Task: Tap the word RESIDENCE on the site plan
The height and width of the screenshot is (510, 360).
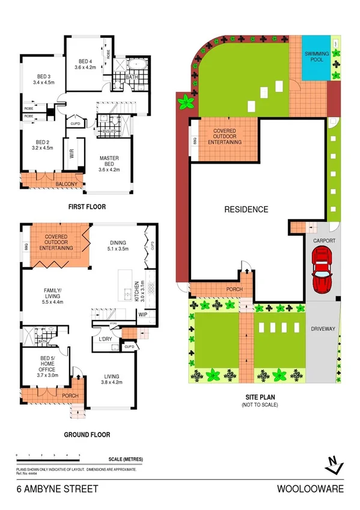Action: [x=246, y=209]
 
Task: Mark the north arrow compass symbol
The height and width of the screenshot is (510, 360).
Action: [x=334, y=463]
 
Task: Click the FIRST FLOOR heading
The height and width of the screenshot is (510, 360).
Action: [x=87, y=206]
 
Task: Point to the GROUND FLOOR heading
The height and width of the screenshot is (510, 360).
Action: [x=87, y=434]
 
